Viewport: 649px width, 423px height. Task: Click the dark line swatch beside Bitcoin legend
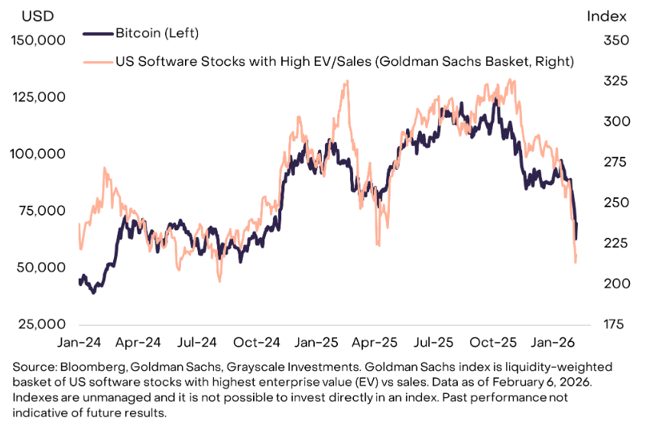pos(97,34)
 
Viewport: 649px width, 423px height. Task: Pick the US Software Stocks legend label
pos(344,60)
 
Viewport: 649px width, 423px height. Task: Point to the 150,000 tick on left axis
pos(37,41)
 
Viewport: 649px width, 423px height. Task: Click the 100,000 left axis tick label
pos(37,154)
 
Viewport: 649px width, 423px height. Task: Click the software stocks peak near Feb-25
pos(346,81)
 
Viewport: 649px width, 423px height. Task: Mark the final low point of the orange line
pos(575,263)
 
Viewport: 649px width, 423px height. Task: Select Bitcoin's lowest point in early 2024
pos(94,293)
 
